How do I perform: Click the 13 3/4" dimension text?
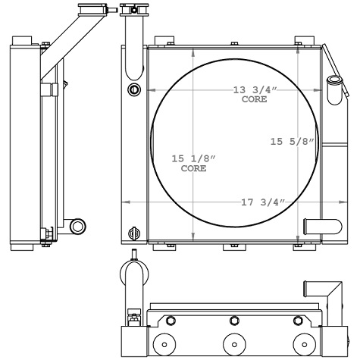click(x=255, y=91)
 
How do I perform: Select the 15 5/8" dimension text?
click(x=291, y=141)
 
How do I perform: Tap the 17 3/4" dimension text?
click(x=261, y=202)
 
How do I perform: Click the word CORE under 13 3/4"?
click(x=255, y=100)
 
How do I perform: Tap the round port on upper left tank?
click(x=135, y=91)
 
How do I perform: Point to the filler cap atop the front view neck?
click(x=133, y=9)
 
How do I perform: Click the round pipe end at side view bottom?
click(x=77, y=226)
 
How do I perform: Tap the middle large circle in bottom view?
click(x=232, y=343)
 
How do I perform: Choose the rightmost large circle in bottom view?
click(x=302, y=343)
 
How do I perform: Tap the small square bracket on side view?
click(x=52, y=90)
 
